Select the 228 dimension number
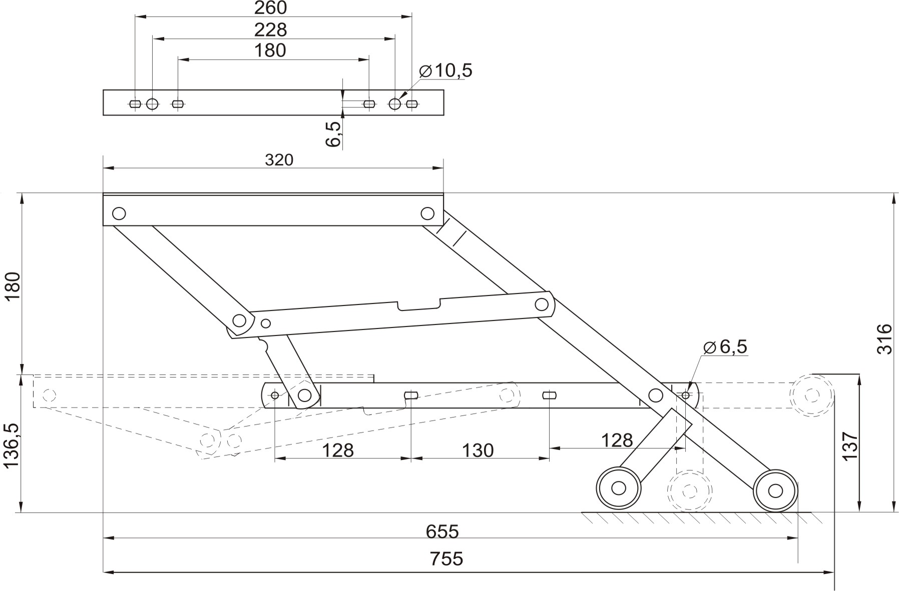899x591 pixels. pyautogui.click(x=270, y=29)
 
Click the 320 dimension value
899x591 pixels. pyautogui.click(x=279, y=160)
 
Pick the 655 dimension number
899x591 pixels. pyautogui.click(x=442, y=531)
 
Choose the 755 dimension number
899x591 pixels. pyautogui.click(x=446, y=558)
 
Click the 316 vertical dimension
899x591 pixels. pyautogui.click(x=885, y=339)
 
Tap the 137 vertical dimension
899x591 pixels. pyautogui.click(x=850, y=445)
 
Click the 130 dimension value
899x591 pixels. pyautogui.click(x=478, y=450)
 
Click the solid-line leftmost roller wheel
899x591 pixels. pyautogui.click(x=619, y=488)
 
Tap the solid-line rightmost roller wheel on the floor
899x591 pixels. pyautogui.click(x=775, y=490)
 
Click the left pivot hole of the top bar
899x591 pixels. pyautogui.click(x=119, y=213)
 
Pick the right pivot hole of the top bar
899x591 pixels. pyautogui.click(x=427, y=213)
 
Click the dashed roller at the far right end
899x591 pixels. pyautogui.click(x=812, y=395)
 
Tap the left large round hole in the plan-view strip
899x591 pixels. pyautogui.click(x=152, y=104)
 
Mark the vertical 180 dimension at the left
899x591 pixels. pyautogui.click(x=12, y=285)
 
